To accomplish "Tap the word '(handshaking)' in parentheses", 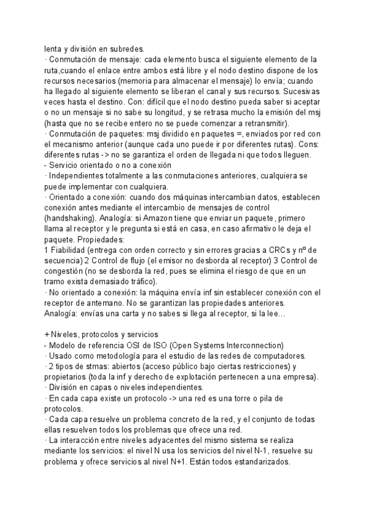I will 72,218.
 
